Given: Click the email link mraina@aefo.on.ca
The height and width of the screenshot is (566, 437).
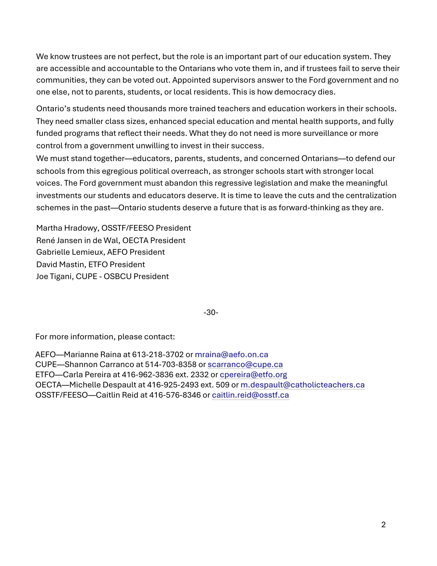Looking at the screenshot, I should point(231,355).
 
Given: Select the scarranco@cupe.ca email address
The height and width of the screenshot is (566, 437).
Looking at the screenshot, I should point(245,365).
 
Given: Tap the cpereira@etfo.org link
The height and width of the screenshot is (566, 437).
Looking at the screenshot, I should point(253,375).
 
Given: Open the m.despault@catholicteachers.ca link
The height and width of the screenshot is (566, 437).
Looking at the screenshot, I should point(302,385).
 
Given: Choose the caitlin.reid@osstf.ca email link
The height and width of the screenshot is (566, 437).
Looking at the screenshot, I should point(250,395).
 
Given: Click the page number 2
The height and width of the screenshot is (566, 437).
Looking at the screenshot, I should point(383,525).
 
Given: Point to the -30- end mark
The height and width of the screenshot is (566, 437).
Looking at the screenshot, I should point(211,312).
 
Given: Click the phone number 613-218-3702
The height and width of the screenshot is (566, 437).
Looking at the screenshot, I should point(158,355).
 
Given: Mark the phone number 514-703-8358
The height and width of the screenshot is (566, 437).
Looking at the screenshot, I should point(171,365).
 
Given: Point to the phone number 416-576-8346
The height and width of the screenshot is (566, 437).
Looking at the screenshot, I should point(175,395).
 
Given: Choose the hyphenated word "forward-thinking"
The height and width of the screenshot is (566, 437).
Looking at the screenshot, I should point(309,208).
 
